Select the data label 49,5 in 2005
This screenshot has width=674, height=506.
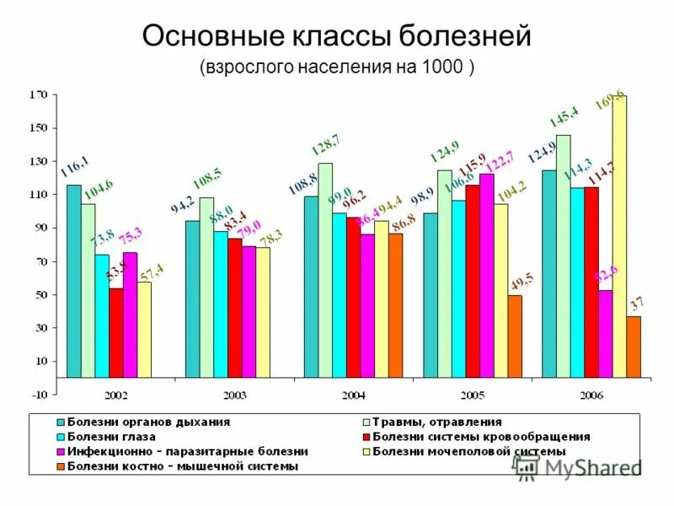(521, 278)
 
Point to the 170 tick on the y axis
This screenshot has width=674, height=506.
(38, 95)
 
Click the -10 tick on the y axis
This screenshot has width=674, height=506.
(39, 394)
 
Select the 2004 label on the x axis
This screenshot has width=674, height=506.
(354, 395)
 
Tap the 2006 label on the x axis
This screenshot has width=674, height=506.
(591, 395)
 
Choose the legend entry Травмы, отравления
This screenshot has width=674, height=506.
(436, 422)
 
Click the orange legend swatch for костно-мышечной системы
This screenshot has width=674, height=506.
(60, 466)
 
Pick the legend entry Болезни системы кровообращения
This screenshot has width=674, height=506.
(480, 437)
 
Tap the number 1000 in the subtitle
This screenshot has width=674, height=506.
(440, 67)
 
